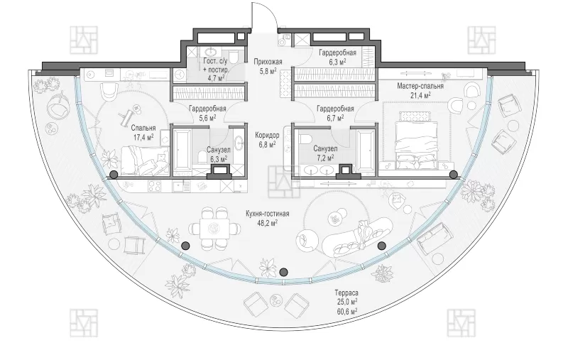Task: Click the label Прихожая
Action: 268,62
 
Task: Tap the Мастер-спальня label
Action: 420,86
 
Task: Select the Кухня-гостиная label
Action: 268,214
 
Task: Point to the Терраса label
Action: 346,293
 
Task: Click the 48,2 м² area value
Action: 268,223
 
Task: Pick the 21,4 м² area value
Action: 420,95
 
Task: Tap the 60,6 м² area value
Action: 346,311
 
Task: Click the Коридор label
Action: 267,135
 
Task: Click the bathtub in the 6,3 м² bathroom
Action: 181,149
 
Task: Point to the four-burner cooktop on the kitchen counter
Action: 155,186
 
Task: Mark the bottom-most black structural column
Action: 283,272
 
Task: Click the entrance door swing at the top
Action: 265,16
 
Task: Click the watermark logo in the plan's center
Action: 284,182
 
